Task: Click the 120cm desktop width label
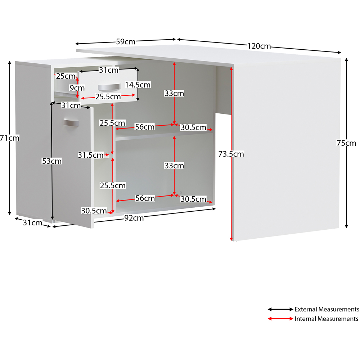point(259,46)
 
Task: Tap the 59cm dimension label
point(126,41)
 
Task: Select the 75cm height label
point(346,143)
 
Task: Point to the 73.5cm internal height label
point(231,154)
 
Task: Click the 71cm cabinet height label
point(10,138)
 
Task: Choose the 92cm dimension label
point(134,218)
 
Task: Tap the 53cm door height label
point(51,161)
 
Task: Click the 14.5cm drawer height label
point(138,85)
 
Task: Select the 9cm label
point(77,88)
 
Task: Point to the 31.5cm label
point(90,155)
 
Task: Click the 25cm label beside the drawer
point(66,76)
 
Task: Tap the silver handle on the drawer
point(109,87)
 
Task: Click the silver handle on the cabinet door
point(71,122)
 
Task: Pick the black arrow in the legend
point(280,309)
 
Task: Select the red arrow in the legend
point(280,319)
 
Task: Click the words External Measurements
point(327,309)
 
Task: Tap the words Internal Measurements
point(326,319)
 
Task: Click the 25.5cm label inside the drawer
point(108,96)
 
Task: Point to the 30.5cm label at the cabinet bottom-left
point(94,211)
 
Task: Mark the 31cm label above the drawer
point(109,70)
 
